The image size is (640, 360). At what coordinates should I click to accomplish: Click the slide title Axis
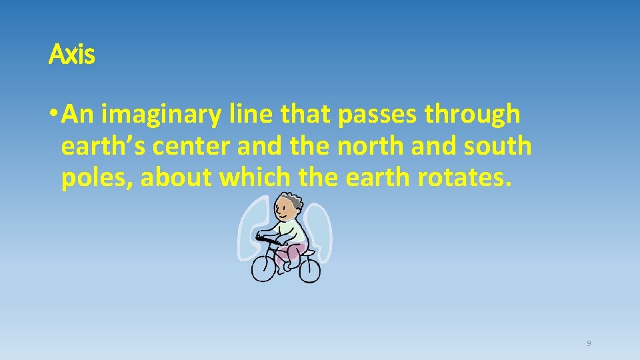(72, 55)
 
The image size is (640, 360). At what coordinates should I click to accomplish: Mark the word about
(177, 178)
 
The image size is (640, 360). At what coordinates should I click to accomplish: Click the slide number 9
(589, 344)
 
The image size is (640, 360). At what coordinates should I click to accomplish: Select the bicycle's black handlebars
(267, 238)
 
